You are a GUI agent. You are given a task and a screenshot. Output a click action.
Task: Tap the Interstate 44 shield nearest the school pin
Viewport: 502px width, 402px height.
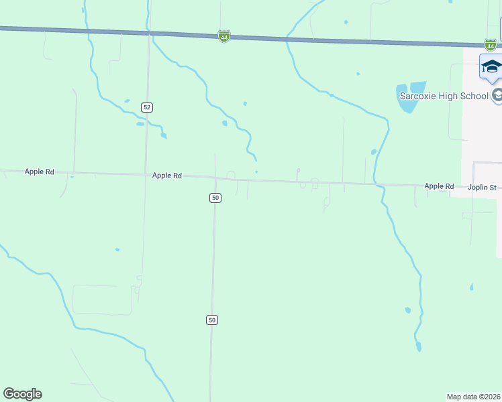(491, 46)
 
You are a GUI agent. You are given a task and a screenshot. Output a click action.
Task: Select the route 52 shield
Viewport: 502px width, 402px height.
(147, 107)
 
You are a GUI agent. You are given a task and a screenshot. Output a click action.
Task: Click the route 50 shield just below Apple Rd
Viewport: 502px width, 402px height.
(215, 197)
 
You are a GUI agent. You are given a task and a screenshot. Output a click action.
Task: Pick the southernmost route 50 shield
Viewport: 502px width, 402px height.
(212, 320)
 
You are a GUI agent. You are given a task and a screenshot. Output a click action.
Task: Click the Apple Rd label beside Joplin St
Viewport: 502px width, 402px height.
(439, 186)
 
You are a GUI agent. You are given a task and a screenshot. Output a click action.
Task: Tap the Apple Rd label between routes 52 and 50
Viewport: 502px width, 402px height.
(167, 176)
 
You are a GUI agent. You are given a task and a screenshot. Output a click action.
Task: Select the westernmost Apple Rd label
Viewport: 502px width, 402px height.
(39, 172)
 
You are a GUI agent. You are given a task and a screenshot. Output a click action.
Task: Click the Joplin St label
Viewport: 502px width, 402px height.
(482, 187)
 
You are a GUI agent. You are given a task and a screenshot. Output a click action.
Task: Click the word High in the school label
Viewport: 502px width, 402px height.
(450, 96)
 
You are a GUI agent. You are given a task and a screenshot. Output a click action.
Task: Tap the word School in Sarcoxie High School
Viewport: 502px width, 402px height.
(474, 96)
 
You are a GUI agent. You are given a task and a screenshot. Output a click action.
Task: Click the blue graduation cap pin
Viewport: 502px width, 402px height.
(491, 66)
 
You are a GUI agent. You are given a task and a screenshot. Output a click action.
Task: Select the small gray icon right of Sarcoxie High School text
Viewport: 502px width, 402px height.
(497, 96)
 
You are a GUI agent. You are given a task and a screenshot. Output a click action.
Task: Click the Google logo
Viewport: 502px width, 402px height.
(22, 394)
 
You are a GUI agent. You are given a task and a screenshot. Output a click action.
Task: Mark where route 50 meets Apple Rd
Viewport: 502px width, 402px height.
(215, 178)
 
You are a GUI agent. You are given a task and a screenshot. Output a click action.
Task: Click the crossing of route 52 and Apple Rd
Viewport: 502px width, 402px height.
(146, 175)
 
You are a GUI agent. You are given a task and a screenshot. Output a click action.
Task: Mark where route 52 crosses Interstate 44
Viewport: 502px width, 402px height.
(148, 32)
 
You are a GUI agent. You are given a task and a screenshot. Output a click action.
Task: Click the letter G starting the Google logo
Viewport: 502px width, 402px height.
(9, 394)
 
